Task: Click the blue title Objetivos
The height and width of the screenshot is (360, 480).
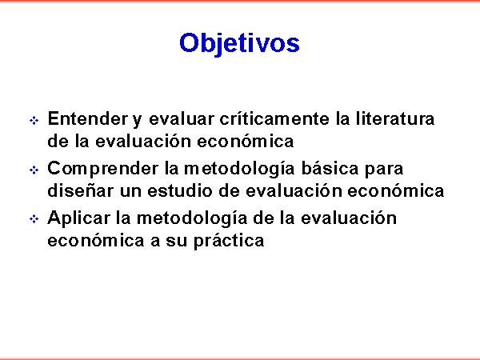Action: tap(239, 43)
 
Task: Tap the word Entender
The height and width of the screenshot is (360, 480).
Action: tap(88, 118)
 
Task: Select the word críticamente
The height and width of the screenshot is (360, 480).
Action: tap(274, 118)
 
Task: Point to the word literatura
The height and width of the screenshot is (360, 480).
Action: tap(395, 118)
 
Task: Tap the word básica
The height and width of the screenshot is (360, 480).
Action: tap(330, 168)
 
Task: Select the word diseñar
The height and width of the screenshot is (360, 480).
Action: tap(80, 190)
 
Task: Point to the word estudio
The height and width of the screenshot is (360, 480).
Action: tap(180, 190)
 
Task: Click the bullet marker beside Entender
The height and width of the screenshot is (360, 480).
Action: tap(34, 120)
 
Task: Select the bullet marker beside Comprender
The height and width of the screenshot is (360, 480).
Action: tap(34, 170)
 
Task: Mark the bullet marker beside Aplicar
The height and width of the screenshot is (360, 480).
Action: tap(34, 219)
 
